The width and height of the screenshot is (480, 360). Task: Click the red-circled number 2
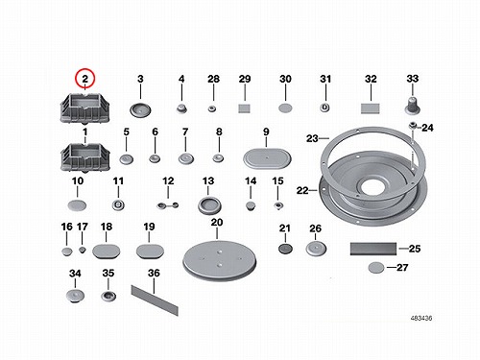[84, 79]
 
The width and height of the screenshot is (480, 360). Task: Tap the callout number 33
[413, 79]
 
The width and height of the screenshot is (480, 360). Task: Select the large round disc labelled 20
[220, 261]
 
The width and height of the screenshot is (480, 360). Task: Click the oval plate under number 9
[267, 158]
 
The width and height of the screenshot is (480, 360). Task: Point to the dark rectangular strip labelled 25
[373, 249]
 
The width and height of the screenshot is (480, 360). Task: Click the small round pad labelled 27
[376, 268]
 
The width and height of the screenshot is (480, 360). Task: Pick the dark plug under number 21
[285, 249]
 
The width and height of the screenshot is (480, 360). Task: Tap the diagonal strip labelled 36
[155, 300]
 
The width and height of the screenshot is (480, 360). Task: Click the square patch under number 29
[244, 108]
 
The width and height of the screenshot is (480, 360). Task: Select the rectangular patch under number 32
[371, 108]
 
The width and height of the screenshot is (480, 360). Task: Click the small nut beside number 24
[413, 126]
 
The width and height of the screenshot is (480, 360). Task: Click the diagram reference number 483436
[421, 318]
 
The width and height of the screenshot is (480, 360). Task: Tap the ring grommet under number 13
[209, 205]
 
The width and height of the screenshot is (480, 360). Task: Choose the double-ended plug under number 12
[168, 205]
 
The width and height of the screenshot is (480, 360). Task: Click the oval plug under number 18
[107, 252]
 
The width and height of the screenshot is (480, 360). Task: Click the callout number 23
[312, 138]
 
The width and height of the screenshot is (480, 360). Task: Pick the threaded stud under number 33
[413, 106]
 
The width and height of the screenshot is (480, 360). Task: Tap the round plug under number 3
[140, 110]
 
